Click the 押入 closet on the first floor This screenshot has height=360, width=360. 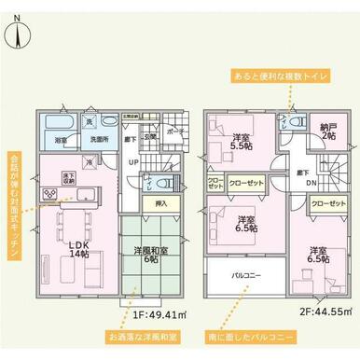click(159, 202)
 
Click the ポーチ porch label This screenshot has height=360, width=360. click(174, 132)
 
